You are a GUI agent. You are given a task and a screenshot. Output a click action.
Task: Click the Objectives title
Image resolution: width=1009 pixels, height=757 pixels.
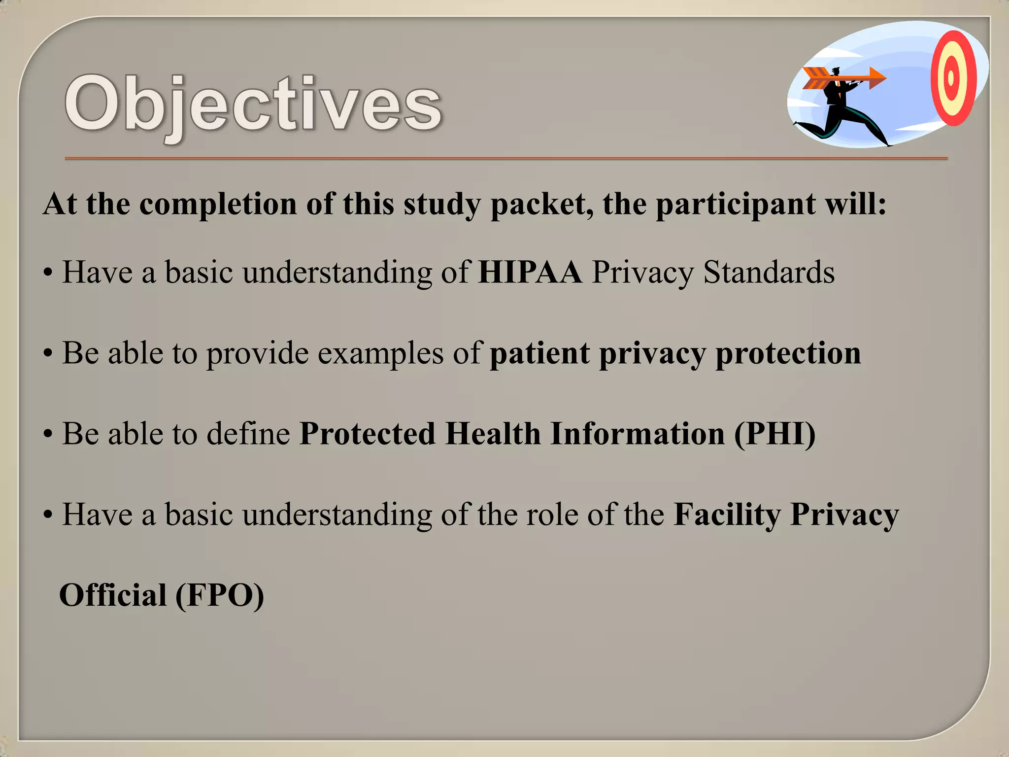pyautogui.click(x=253, y=104)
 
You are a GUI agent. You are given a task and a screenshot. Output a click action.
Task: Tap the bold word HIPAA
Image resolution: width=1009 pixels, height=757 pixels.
pyautogui.click(x=530, y=272)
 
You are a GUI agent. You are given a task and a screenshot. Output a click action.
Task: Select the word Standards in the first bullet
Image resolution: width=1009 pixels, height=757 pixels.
pyautogui.click(x=769, y=272)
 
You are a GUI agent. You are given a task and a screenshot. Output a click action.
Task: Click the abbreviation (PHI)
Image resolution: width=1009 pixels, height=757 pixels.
pyautogui.click(x=774, y=434)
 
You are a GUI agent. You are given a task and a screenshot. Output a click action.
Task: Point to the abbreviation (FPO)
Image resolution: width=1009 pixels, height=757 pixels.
pyautogui.click(x=220, y=595)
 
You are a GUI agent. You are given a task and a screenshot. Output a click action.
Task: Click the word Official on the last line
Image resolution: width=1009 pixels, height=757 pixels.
pyautogui.click(x=113, y=595)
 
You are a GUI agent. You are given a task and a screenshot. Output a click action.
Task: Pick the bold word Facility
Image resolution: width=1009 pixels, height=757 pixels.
pyautogui.click(x=727, y=515)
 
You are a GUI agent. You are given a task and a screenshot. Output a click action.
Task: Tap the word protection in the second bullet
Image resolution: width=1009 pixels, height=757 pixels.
pyautogui.click(x=788, y=354)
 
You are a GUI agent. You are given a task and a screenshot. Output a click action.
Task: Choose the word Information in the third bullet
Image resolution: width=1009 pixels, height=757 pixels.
pyautogui.click(x=638, y=434)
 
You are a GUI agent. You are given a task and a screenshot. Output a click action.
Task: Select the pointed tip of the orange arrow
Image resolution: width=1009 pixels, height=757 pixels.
pyautogui.click(x=884, y=78)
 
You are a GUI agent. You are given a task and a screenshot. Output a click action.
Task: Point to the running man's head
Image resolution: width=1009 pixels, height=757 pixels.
pyautogui.click(x=836, y=73)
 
